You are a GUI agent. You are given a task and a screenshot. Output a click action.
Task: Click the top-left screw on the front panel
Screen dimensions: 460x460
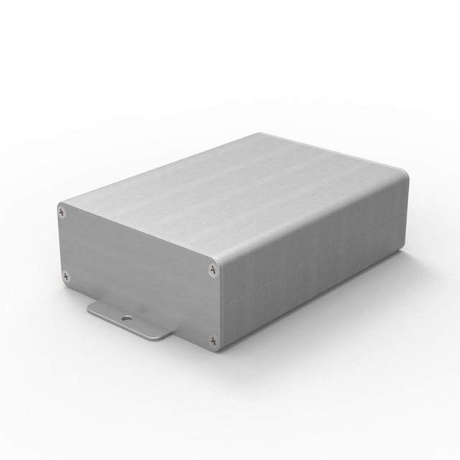63,212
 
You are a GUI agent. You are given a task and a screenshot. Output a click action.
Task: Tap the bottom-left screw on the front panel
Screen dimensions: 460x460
66,274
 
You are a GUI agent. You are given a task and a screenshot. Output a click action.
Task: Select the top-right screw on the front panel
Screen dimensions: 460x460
211,269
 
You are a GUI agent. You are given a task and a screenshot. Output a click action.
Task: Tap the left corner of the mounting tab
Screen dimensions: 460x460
91,310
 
